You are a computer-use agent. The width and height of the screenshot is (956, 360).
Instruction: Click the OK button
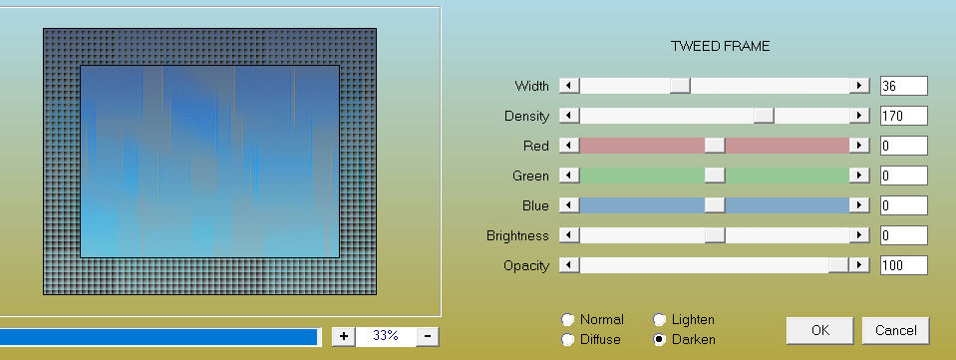pyautogui.click(x=819, y=330)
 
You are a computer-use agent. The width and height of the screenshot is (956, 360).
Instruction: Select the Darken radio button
pyautogui.click(x=659, y=340)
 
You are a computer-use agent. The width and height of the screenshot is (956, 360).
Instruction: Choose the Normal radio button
pyautogui.click(x=567, y=320)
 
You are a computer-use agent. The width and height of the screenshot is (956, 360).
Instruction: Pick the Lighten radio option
pyautogui.click(x=659, y=320)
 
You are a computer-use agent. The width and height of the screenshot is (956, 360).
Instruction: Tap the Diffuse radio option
pyautogui.click(x=567, y=340)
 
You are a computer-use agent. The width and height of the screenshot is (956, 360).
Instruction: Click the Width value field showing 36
pyautogui.click(x=903, y=86)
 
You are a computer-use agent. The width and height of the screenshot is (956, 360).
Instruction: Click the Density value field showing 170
pyautogui.click(x=903, y=116)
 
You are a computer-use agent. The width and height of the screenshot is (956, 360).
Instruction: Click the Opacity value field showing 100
pyautogui.click(x=903, y=265)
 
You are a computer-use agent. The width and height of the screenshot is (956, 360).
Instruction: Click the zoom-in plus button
pyautogui.click(x=344, y=336)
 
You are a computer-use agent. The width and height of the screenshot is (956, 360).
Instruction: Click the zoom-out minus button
pyautogui.click(x=428, y=336)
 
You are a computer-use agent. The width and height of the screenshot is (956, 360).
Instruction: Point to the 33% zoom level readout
pyautogui.click(x=386, y=336)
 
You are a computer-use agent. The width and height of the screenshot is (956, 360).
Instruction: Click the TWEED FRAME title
pyautogui.click(x=720, y=47)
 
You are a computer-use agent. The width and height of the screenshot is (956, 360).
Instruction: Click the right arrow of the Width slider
pyautogui.click(x=859, y=86)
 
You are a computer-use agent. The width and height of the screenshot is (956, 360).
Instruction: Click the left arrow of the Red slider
pyautogui.click(x=569, y=146)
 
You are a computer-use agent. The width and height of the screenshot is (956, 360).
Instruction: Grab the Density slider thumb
pyautogui.click(x=764, y=116)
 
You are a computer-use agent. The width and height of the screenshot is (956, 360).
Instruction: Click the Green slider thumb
pyautogui.click(x=715, y=176)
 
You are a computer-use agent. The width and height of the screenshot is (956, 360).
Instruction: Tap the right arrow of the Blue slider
pyautogui.click(x=859, y=205)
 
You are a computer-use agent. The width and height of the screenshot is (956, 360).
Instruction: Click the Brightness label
pyautogui.click(x=517, y=235)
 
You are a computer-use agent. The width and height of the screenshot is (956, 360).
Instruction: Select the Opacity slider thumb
pyautogui.click(x=838, y=265)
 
